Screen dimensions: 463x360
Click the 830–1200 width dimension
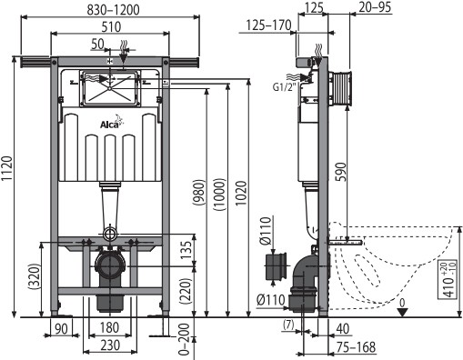click(114, 10)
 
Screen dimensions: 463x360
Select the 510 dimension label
click(111, 27)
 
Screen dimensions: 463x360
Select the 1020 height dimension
click(241, 194)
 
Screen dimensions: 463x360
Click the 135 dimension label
click(186, 250)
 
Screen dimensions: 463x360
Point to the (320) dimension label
click(34, 277)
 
